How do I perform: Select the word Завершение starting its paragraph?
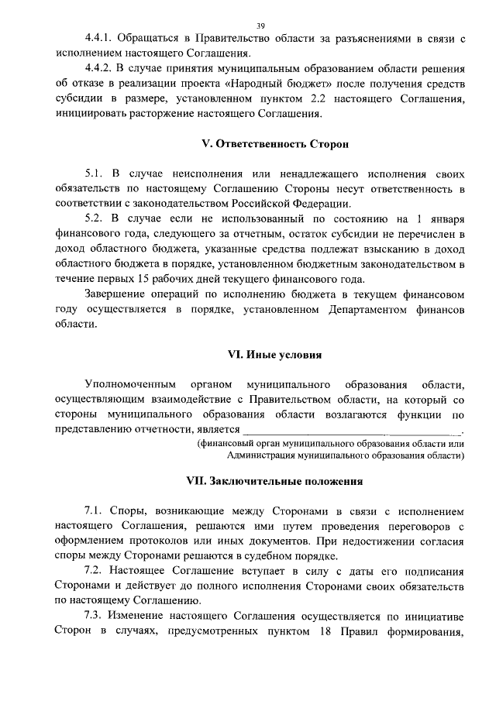pyautogui.click(x=120, y=295)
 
